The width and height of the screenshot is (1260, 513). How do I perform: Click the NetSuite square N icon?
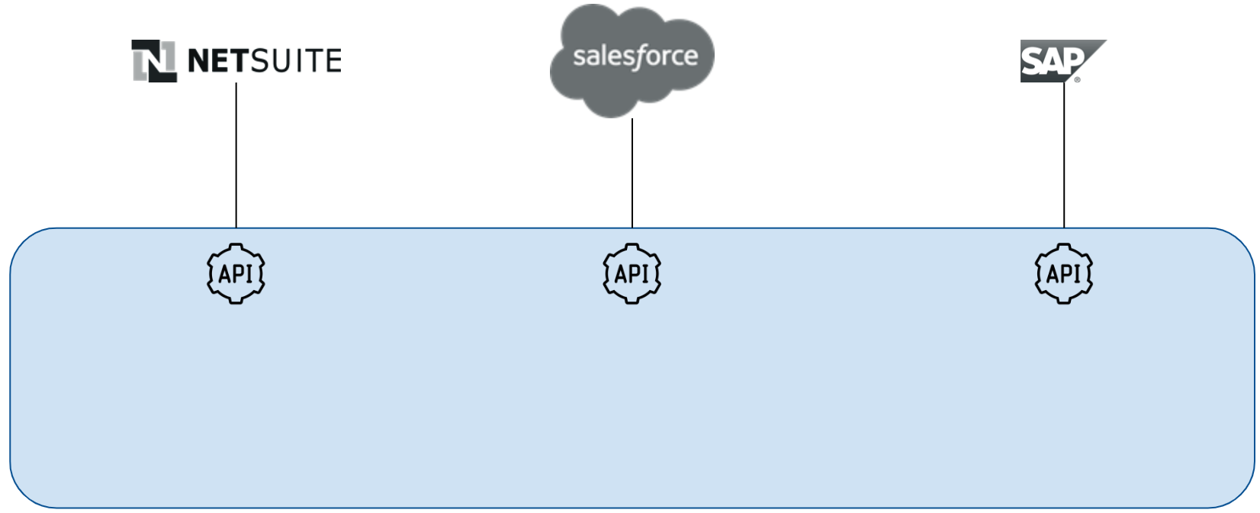click(154, 60)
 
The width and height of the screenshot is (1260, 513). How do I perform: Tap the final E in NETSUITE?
click(332, 61)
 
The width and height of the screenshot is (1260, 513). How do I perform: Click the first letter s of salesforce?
click(578, 57)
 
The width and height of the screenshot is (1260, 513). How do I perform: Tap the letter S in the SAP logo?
click(1031, 61)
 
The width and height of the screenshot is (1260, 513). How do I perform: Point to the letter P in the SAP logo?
click(1074, 60)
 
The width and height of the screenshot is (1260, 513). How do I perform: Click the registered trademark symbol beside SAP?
click(1078, 79)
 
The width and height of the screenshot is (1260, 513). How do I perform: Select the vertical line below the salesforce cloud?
click(632, 173)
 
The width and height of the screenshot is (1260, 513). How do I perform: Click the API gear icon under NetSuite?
click(236, 273)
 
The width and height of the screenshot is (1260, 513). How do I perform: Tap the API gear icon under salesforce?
click(632, 273)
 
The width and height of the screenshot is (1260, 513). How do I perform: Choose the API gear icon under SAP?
click(1064, 273)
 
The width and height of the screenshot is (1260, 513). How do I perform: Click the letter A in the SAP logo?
click(1053, 61)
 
